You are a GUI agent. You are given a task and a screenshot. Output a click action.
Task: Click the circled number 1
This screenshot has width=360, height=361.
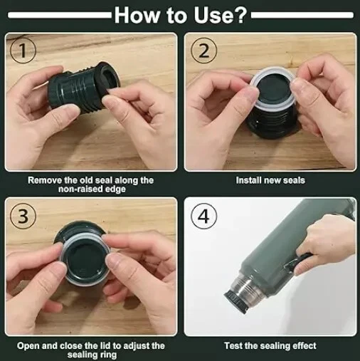23,51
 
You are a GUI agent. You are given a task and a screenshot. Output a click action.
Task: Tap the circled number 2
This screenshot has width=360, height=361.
203,51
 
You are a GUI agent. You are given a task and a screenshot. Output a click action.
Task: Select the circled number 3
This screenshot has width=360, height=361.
23,216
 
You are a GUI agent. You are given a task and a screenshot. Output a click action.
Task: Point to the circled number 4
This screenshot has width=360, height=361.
203,216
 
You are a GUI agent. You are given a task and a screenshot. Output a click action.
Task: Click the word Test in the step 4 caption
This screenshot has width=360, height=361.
233,345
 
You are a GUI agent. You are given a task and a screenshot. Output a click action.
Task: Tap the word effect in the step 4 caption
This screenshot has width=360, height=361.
305,345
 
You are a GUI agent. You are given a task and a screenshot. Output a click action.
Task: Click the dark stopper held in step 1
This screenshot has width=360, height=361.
83,87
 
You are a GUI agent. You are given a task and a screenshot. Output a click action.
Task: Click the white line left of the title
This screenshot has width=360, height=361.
60,16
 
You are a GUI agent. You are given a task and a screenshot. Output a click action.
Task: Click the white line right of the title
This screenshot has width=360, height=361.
302,15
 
